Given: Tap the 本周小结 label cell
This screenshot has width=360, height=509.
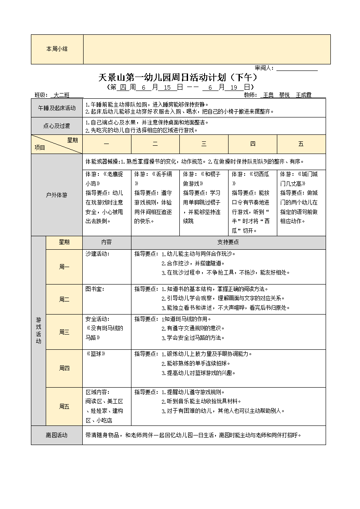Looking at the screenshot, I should pos(57,49).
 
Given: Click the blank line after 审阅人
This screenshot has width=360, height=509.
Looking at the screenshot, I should pos(297,68).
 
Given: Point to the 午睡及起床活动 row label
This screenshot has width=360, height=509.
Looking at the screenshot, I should pos(57,108).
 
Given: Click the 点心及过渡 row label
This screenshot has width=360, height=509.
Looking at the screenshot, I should pos(57,126).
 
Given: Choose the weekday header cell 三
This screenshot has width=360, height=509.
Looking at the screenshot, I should pos(204,144).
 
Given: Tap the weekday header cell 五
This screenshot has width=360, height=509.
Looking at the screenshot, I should pos(301,144).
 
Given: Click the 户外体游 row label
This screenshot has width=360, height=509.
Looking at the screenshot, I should pos(57,195).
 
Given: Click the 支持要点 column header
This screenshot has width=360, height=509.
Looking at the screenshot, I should pos(228,242).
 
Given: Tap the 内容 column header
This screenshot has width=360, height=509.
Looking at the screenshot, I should pos(107,242).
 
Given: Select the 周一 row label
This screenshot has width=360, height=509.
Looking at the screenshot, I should pos(64,267).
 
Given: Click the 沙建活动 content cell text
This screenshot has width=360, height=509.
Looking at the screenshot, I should pos(98,254).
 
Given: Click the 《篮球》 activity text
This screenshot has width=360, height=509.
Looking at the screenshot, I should pos(96,354).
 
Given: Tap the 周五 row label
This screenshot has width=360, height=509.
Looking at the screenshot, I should pos(64,406).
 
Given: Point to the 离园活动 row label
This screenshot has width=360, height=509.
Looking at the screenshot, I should pos(57,435).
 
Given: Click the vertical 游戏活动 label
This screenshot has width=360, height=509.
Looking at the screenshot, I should pos(38,331).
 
